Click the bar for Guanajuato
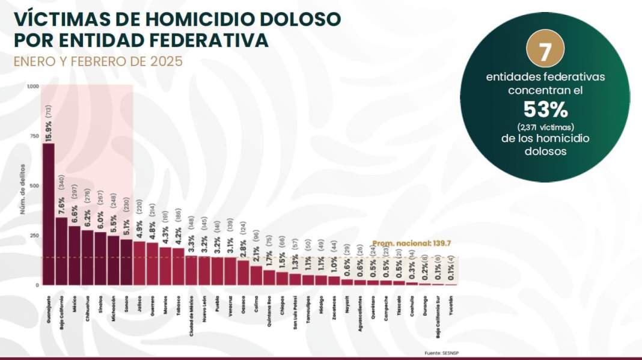(x=48, y=214)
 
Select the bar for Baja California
(x=61, y=251)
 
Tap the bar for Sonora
(x=126, y=262)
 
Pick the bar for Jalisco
(x=139, y=263)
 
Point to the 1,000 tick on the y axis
(x=32, y=87)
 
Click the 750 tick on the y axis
(x=34, y=136)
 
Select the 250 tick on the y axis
(x=34, y=236)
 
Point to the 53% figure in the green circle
(x=545, y=110)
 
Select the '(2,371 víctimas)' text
(x=545, y=126)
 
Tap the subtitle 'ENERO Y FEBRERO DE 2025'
(x=98, y=61)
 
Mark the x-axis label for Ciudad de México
(x=191, y=313)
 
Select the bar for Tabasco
(x=179, y=266)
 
